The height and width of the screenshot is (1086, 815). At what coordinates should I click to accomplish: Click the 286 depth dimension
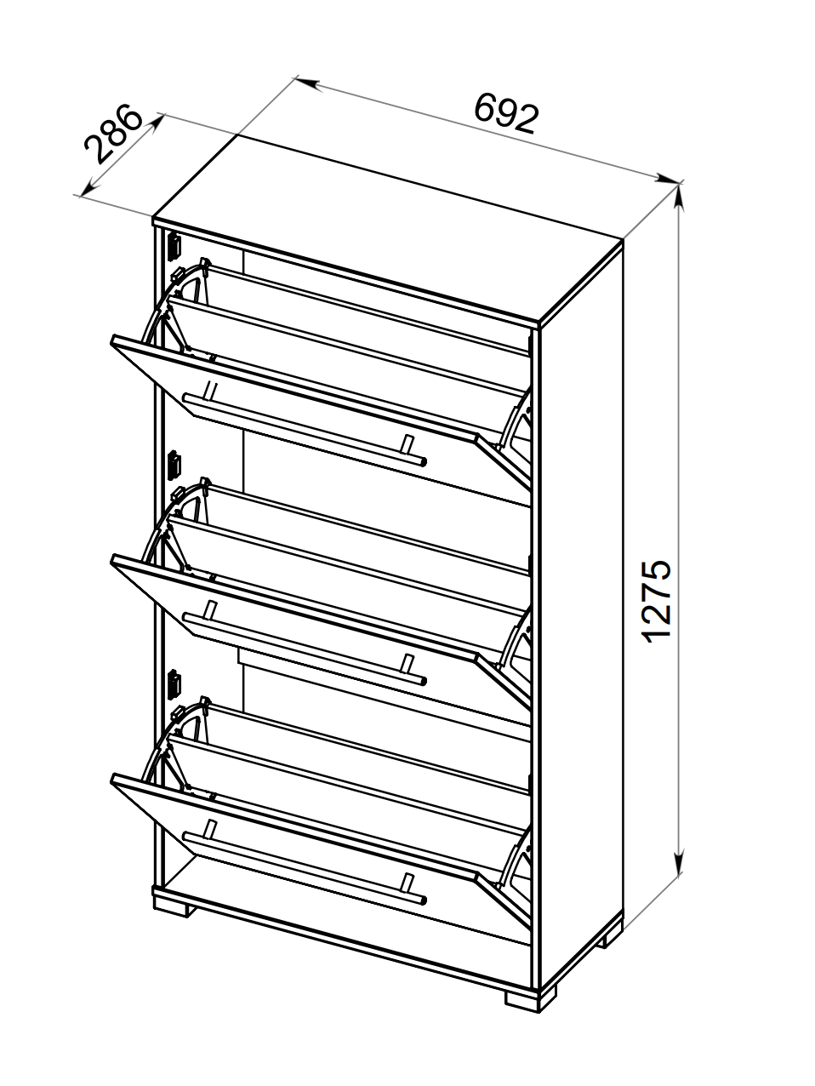pyautogui.click(x=114, y=134)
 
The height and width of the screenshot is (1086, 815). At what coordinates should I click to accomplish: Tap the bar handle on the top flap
pyautogui.click(x=305, y=429)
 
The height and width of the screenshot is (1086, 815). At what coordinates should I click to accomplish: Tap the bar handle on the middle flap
pyautogui.click(x=305, y=649)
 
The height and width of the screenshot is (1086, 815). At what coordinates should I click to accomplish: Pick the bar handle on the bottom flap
pyautogui.click(x=305, y=868)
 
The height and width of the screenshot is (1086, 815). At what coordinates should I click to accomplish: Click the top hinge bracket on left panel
pyautogui.click(x=174, y=248)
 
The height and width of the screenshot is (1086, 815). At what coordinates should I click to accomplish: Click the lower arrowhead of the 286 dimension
pyautogui.click(x=88, y=187)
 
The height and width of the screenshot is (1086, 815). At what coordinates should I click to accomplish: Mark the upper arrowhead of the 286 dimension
pyautogui.click(x=157, y=123)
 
